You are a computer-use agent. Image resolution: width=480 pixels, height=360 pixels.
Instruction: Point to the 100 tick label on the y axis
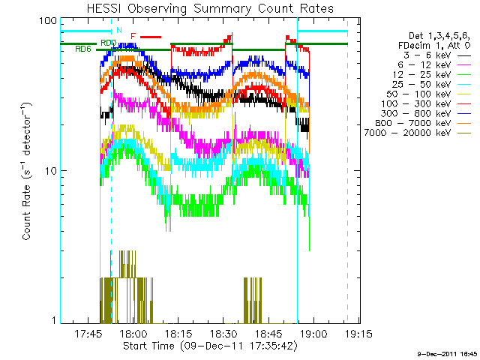[x=49, y=20]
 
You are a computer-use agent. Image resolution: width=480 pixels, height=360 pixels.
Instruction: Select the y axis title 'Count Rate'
[x=27, y=171]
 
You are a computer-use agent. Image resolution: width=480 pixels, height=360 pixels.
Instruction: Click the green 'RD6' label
[x=83, y=49]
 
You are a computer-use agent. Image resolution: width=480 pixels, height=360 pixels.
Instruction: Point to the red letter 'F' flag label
[x=133, y=36]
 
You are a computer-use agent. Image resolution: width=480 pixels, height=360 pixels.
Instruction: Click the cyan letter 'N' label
[x=118, y=30]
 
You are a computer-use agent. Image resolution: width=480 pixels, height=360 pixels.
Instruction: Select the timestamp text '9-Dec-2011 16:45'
[x=448, y=353]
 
